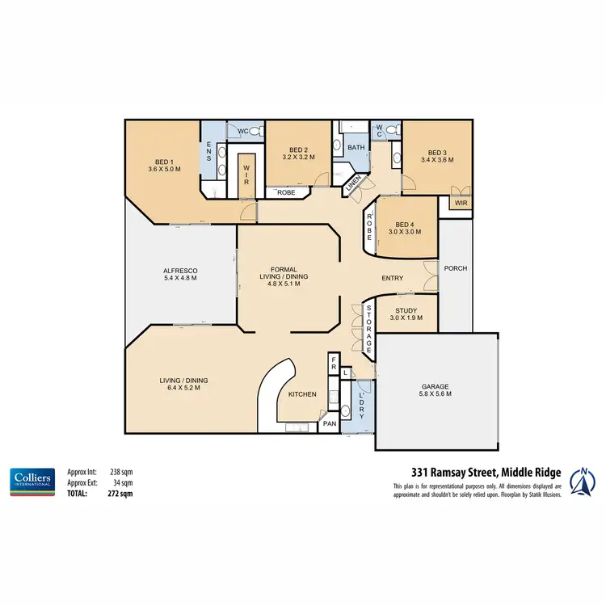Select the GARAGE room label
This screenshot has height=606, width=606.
coord(436,386)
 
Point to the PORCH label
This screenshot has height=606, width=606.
coord(457,268)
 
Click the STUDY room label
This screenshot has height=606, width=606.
coord(406,309)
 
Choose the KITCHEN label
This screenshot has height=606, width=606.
coord(302,394)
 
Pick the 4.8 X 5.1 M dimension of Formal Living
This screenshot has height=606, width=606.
coord(288,284)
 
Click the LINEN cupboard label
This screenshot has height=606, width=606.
coord(352,185)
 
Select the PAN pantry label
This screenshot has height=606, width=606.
coord(329,423)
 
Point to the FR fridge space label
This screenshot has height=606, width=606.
coord(333,365)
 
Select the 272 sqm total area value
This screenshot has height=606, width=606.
coord(120,492)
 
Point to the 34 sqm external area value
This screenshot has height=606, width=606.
coord(122,482)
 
